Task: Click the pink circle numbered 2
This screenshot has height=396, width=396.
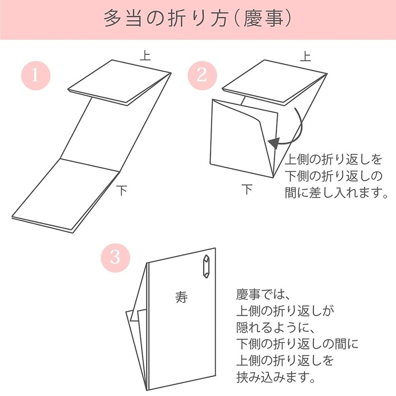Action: point(201,76)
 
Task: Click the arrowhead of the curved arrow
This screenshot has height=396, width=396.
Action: point(272,144)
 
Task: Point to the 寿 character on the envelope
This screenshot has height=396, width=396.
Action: point(182,296)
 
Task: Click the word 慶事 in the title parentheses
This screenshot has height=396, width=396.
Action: point(263,20)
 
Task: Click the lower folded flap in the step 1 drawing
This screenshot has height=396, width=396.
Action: point(64,196)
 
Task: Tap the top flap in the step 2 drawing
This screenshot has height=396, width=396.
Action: point(272,82)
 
